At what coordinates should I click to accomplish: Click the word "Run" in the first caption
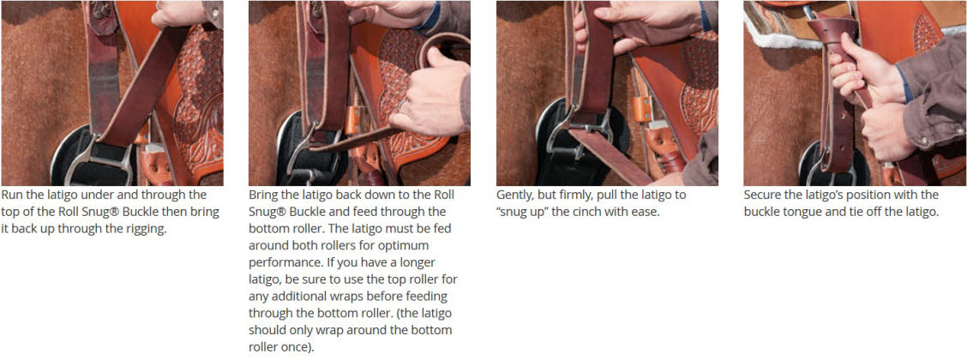[x=12, y=195]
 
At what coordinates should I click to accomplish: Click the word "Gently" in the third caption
[x=514, y=195]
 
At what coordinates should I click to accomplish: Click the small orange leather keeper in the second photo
[x=352, y=119]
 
